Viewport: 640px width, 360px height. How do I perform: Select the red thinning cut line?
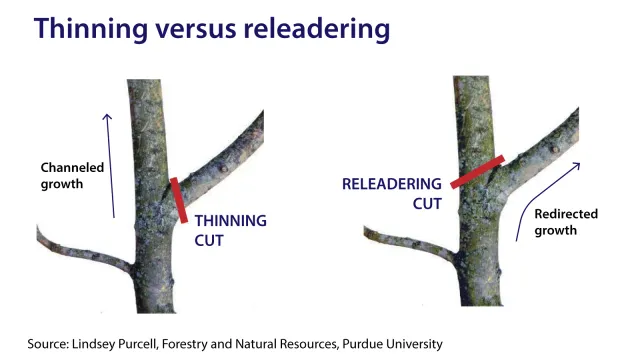(179, 199)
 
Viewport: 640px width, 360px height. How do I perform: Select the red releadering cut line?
(476, 172)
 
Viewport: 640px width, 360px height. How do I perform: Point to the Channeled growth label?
(72, 176)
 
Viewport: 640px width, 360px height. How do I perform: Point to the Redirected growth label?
(565, 222)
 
